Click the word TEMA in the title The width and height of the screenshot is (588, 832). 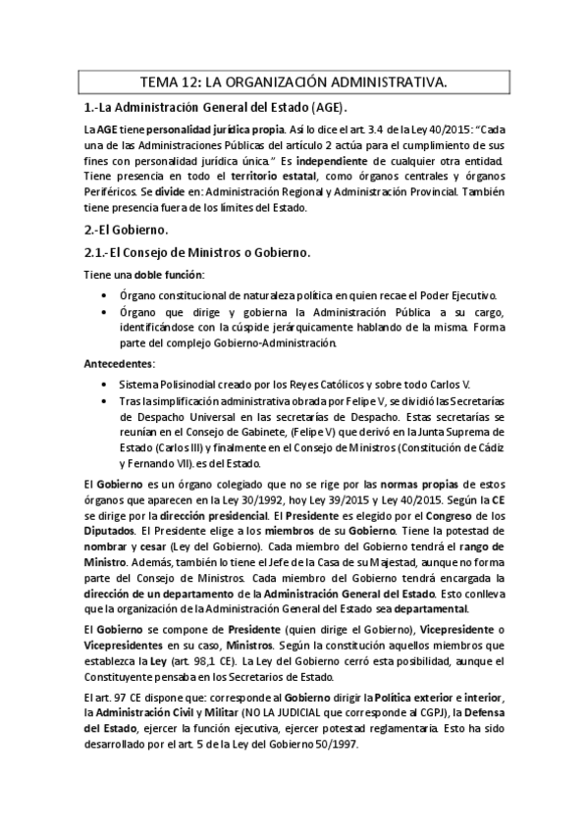pyautogui.click(x=161, y=83)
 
